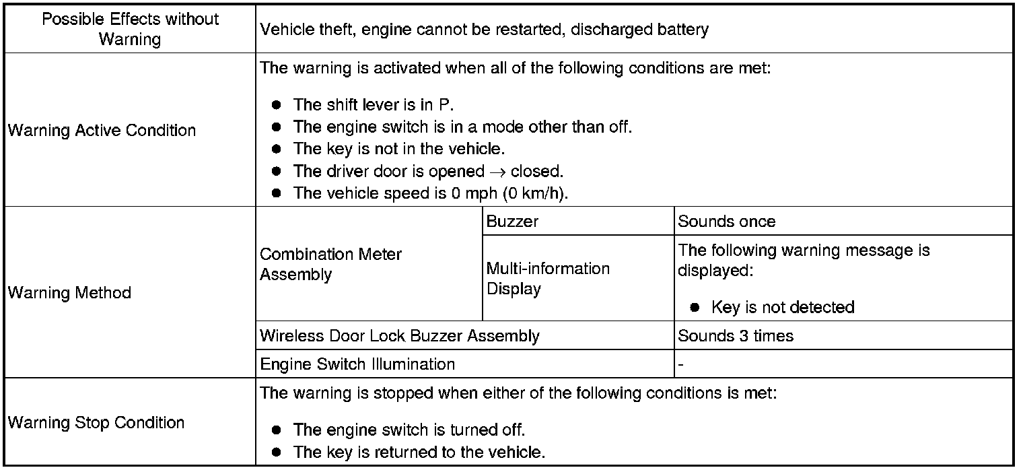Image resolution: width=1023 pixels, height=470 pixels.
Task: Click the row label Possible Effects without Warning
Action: [x=131, y=29]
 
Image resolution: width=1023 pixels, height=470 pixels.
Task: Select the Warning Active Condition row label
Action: [x=102, y=130]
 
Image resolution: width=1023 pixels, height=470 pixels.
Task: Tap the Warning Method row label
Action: [x=69, y=293]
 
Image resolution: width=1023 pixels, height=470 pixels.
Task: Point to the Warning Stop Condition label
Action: [x=96, y=423]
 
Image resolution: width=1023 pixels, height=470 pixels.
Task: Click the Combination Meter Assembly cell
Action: [x=330, y=265]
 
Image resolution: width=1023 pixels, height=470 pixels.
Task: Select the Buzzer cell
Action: [x=512, y=222]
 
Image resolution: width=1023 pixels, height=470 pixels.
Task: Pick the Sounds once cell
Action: [x=726, y=222]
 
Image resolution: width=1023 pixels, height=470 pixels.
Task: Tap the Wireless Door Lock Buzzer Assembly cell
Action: [x=399, y=335]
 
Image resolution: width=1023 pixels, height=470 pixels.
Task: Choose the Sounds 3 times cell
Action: [x=736, y=335]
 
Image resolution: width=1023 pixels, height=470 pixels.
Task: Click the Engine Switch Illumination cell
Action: [x=357, y=364]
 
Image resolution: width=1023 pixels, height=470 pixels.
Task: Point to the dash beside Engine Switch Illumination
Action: [x=681, y=365]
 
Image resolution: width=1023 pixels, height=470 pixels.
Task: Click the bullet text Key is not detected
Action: [x=783, y=308]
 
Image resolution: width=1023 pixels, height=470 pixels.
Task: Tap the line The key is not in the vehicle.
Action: [x=399, y=148]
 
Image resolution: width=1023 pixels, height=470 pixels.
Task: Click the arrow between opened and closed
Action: [x=497, y=172]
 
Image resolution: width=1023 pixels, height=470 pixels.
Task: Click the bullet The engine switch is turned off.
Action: [x=409, y=430]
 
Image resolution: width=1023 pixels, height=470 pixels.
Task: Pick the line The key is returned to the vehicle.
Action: [x=419, y=452]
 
